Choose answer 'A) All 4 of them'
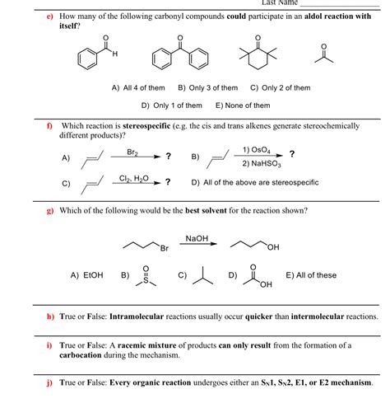tap(138, 88)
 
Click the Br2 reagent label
tap(132, 152)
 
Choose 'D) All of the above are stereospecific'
tap(255, 182)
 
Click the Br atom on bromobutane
tap(164, 248)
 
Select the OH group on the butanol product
tap(273, 248)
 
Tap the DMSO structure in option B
tap(145, 277)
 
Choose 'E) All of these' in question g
tap(310, 275)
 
